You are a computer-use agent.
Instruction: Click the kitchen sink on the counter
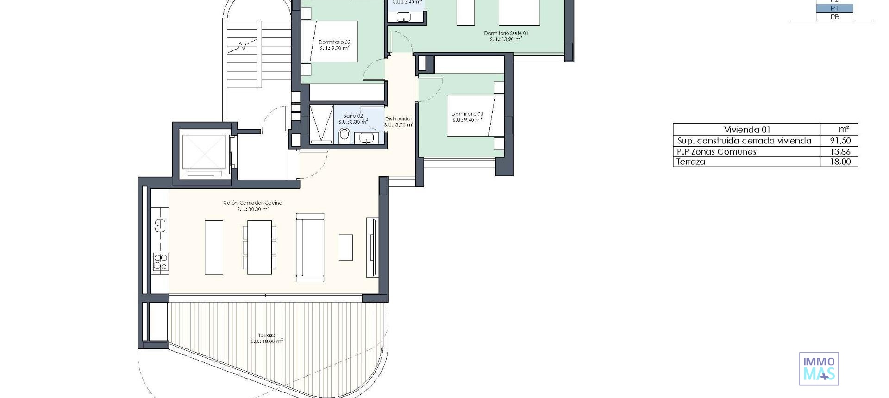click(160, 226)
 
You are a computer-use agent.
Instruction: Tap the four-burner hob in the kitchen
click(161, 261)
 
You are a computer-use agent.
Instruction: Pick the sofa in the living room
click(310, 247)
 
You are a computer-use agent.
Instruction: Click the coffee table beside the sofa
click(345, 247)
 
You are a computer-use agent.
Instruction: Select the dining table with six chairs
click(259, 247)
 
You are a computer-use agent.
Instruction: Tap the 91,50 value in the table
click(840, 141)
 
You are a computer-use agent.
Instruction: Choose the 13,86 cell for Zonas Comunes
click(840, 151)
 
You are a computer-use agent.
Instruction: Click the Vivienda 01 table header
click(747, 130)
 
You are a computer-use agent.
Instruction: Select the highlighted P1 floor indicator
click(834, 8)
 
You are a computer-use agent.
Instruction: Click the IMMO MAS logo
click(819, 369)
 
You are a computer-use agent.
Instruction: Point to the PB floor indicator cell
click(834, 17)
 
